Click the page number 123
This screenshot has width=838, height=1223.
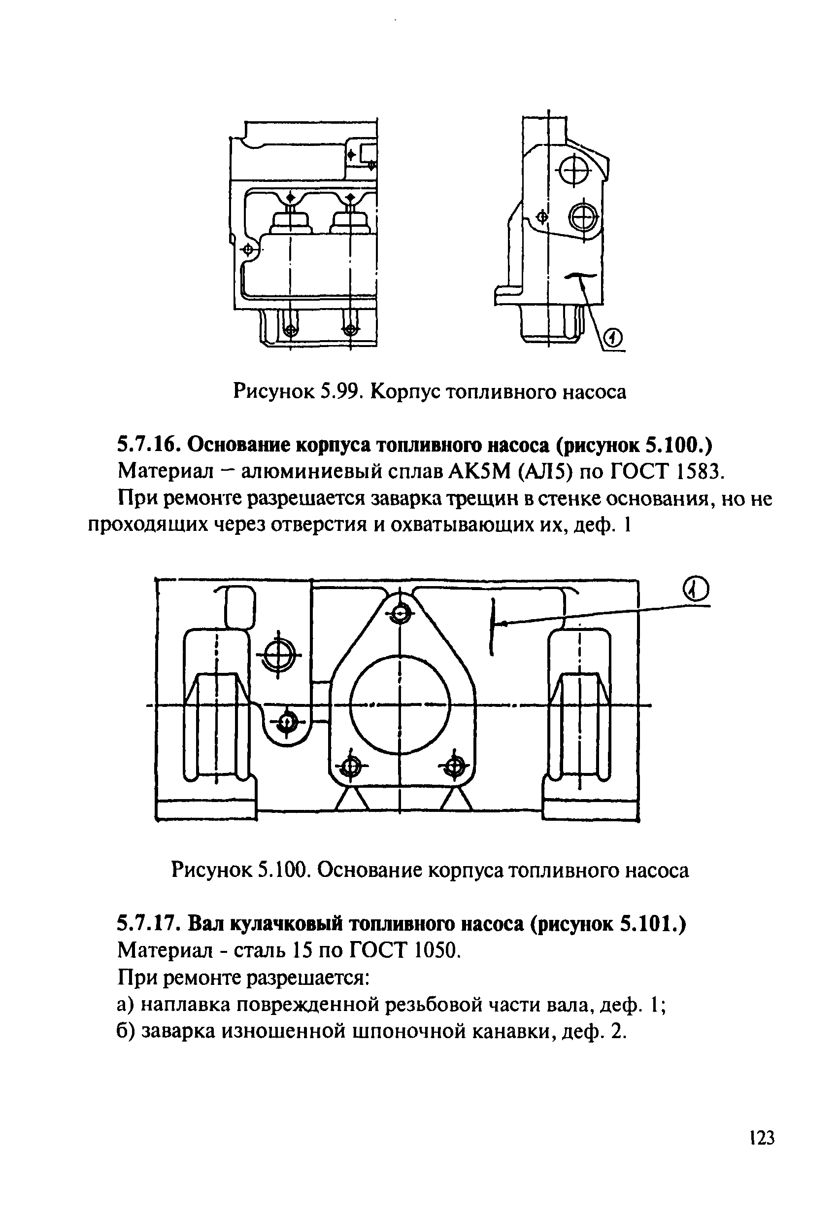(762, 1152)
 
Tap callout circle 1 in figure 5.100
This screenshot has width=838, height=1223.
(696, 590)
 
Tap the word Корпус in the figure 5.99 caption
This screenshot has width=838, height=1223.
(404, 392)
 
